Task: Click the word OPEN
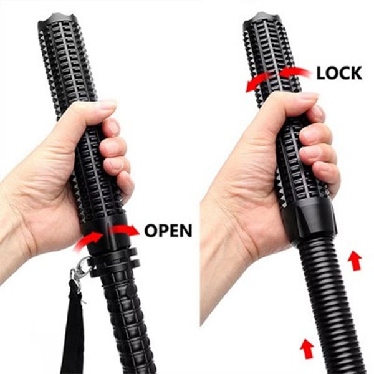point(168,231)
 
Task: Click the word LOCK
point(339,73)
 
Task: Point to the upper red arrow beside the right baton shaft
point(354,261)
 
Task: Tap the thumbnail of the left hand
point(105,103)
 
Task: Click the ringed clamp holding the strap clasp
point(113,262)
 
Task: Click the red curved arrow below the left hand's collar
point(89,241)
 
